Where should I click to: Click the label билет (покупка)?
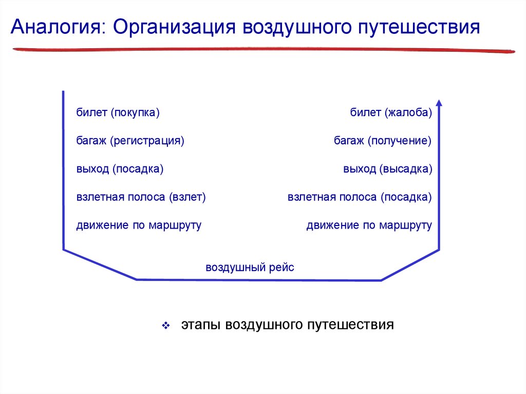click(118, 112)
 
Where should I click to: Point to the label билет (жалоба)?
click(391, 112)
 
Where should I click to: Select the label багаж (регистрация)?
click(130, 141)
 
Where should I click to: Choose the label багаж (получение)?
click(383, 141)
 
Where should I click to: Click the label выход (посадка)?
click(120, 169)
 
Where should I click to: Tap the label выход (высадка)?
click(387, 169)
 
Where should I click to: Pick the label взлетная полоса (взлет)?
click(141, 197)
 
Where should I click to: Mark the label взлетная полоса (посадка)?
click(360, 197)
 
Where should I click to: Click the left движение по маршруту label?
click(139, 226)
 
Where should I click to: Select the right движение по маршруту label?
click(369, 226)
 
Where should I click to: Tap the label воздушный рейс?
click(250, 268)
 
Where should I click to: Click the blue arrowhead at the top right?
click(439, 103)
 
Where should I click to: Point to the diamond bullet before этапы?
click(166, 326)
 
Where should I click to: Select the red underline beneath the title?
click(263, 49)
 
